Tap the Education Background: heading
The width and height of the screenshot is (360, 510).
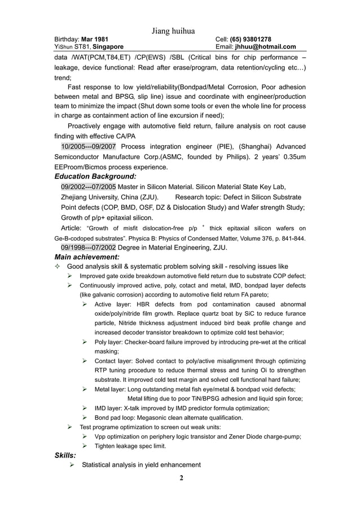[x=95, y=177]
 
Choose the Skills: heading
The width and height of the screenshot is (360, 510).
[x=65, y=455]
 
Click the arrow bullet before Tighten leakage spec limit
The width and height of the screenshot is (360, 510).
[x=84, y=446]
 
